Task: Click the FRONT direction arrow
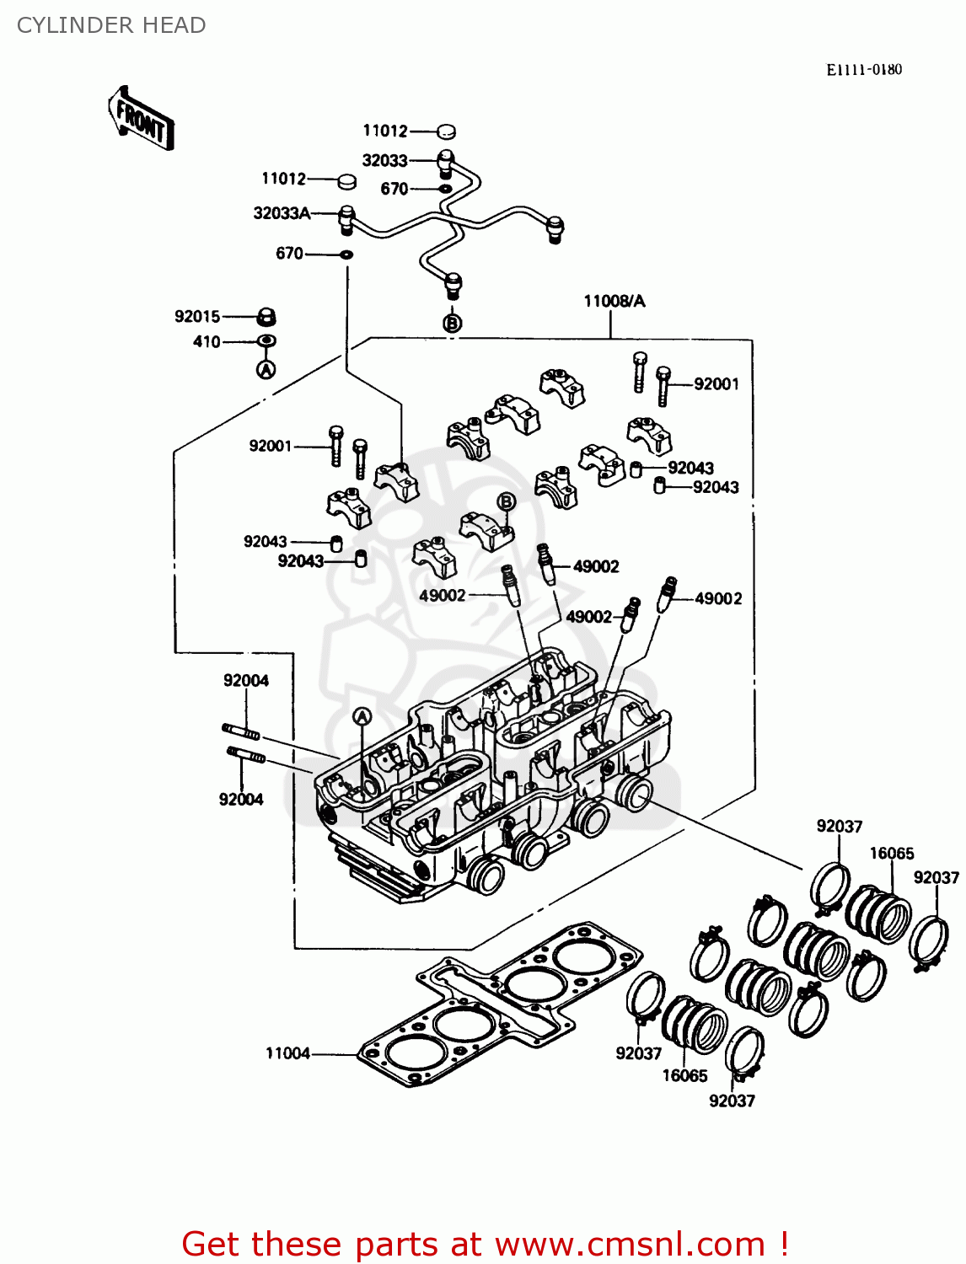pos(141,119)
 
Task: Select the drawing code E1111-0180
pos(863,70)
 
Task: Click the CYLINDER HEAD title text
pos(111,25)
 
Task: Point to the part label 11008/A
pos(614,301)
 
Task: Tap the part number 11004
pos(287,1053)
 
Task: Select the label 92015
pos(197,317)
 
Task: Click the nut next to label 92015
pos(266,318)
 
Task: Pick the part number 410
pos(207,342)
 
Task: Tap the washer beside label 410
pos(266,341)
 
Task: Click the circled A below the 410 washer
pos(266,369)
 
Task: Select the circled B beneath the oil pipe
pos(453,323)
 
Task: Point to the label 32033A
pos(282,213)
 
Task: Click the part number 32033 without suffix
pos(384,160)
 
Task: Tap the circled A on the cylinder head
pos(362,717)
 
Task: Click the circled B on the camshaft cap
pos(506,502)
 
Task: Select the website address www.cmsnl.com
pos(630,1244)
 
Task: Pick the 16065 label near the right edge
pos(891,853)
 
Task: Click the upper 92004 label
pos(246,681)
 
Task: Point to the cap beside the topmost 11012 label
pos(446,131)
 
